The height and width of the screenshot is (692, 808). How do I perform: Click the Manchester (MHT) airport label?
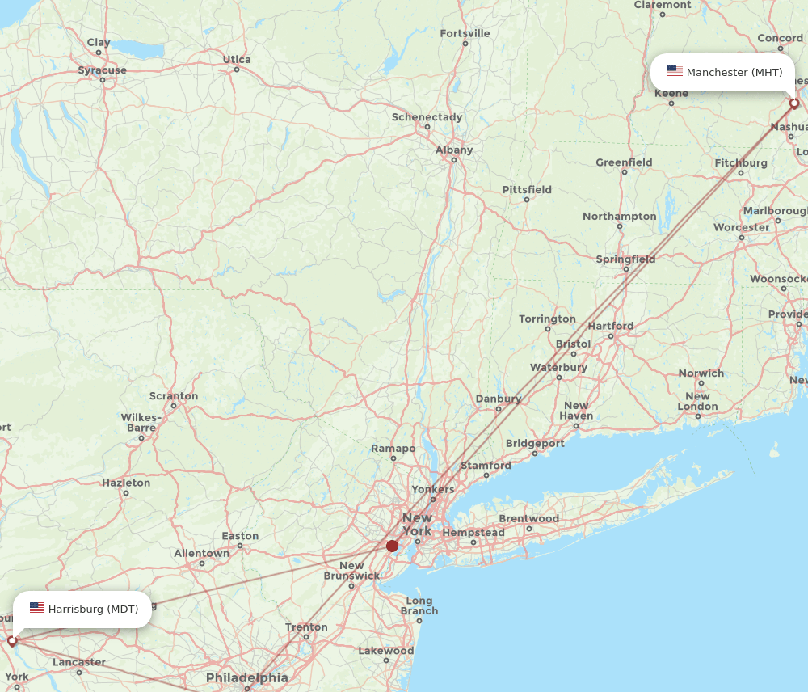coord(734,73)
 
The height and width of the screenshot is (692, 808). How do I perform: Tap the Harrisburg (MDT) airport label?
coord(93,609)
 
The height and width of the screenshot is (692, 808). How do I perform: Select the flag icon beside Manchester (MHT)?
coord(675,71)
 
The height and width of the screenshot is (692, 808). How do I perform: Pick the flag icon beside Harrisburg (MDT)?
coord(37,608)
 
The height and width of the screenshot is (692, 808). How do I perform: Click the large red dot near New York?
coord(392,546)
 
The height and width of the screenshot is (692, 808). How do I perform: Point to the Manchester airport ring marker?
coord(794,103)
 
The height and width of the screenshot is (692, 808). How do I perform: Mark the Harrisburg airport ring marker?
coord(12,640)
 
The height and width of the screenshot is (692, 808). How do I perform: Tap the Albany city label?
coord(454,150)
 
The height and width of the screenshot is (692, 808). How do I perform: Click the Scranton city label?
coord(174,396)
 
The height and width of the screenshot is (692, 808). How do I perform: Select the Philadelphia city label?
coord(246,677)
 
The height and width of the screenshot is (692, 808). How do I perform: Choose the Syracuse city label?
coord(103,70)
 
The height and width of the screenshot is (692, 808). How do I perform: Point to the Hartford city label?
coord(611,326)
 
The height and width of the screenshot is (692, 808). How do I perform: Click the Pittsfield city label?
coord(527,190)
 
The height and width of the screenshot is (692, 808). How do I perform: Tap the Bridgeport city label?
coord(535,443)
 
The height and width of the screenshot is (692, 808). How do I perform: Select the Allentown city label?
coord(202,553)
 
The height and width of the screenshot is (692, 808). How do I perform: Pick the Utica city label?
coord(237,59)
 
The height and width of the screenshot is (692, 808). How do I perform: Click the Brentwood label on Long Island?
coord(529,518)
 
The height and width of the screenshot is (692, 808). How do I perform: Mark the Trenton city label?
coord(307,627)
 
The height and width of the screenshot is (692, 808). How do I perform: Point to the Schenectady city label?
coord(427,117)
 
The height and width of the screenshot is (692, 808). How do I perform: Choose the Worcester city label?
coord(742,227)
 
